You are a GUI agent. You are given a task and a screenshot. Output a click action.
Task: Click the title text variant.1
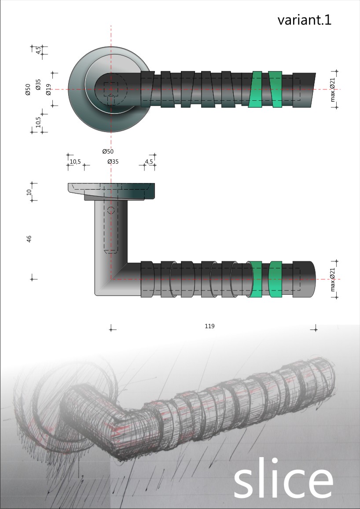click(x=304, y=20)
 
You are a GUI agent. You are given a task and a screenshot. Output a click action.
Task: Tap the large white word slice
click(x=283, y=479)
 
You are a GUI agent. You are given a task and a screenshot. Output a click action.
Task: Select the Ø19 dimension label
click(x=48, y=89)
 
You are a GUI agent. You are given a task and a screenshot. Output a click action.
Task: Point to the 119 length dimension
click(x=209, y=326)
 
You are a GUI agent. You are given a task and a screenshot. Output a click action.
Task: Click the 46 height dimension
click(x=29, y=239)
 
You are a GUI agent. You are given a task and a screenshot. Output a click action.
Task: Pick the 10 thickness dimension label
click(x=29, y=192)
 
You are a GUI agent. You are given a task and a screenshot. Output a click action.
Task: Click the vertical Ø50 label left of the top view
click(x=28, y=89)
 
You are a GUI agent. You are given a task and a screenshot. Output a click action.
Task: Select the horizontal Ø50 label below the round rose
click(x=108, y=151)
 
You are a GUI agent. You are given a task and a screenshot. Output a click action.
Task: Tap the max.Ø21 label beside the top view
click(x=332, y=89)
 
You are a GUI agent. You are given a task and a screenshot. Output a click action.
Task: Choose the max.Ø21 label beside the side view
click(x=332, y=279)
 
